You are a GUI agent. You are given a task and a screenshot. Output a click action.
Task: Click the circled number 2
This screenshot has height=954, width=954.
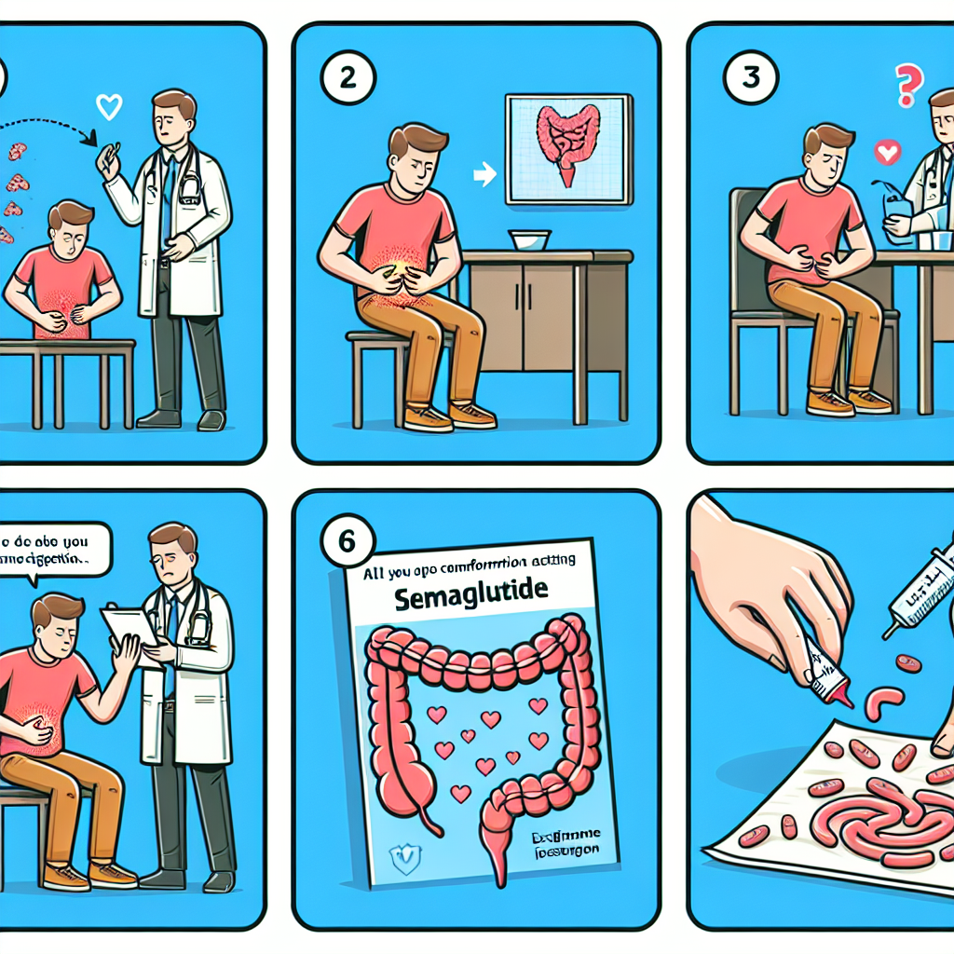point(347,77)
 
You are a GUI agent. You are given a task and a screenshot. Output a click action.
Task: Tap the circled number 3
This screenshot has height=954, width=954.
point(752,77)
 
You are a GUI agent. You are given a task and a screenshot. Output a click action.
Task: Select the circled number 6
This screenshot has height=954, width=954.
point(347,541)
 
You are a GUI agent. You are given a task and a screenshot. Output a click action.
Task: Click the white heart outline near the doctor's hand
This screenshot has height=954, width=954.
point(109,108)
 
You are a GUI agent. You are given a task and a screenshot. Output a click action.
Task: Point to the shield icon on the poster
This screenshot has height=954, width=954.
point(402,858)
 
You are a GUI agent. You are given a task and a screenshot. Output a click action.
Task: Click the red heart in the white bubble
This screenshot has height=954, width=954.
point(888,151)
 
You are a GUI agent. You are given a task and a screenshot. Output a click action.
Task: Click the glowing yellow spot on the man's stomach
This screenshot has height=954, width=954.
point(398,271)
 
